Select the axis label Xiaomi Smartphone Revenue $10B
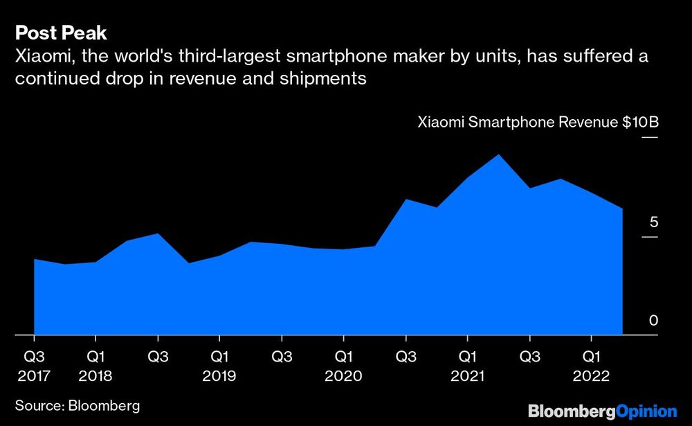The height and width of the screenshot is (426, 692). click(538, 123)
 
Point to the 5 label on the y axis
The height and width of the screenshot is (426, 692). click(653, 222)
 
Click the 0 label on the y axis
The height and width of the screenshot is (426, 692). click(653, 321)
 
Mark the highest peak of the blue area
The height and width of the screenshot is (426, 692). click(499, 155)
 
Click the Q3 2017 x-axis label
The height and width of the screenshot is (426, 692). click(34, 366)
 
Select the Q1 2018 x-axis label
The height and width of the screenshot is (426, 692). click(95, 366)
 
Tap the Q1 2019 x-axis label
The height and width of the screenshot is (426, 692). click(219, 366)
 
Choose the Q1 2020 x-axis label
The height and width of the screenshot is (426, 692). click(343, 366)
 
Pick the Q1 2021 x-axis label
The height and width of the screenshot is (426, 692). click(467, 366)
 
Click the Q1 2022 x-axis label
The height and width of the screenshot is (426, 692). click(591, 366)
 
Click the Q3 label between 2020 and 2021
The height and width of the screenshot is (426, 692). click(406, 357)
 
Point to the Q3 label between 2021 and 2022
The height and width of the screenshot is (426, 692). click(529, 357)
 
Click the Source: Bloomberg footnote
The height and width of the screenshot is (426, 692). click(78, 405)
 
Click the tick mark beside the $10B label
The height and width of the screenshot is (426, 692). click(650, 138)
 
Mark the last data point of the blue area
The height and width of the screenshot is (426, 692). click(622, 209)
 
